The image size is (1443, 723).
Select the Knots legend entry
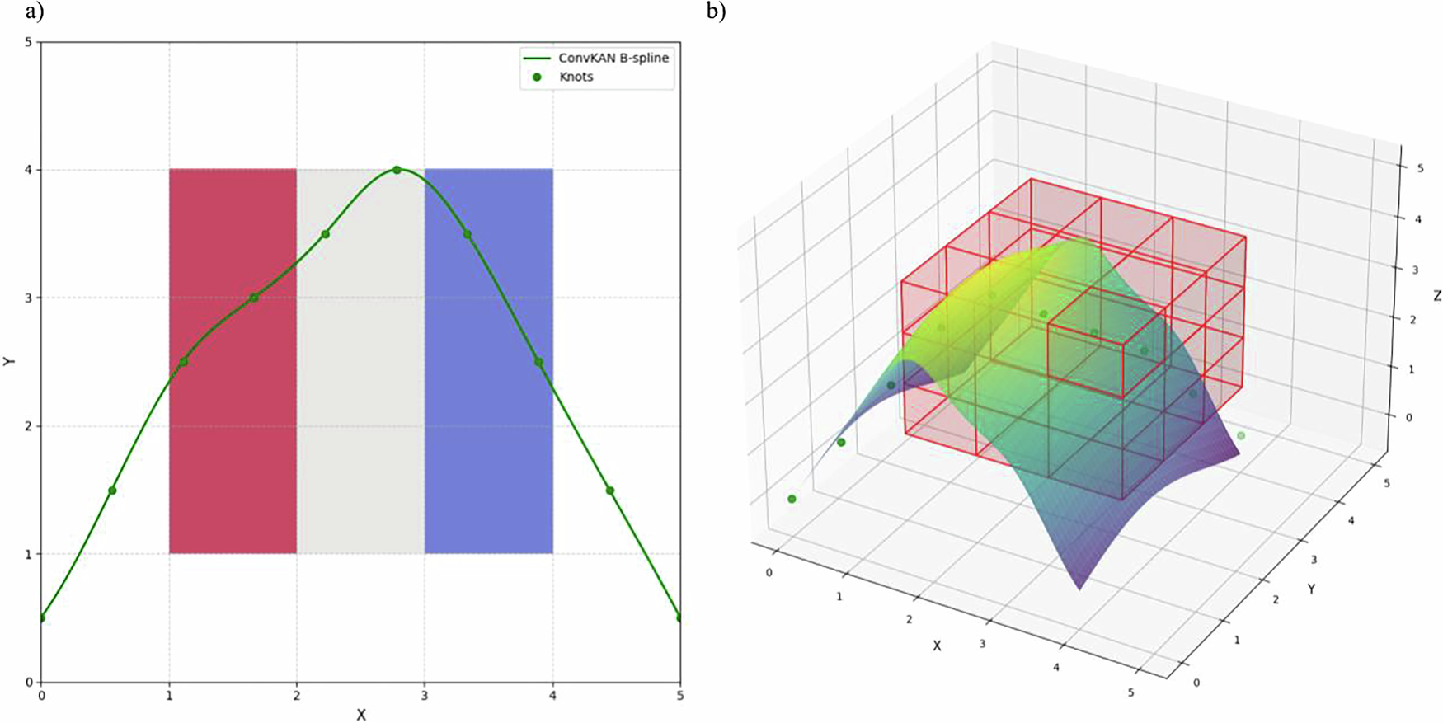[x=576, y=77]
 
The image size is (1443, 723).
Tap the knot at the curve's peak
[x=397, y=170]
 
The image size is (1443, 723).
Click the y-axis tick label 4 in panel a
[x=28, y=170]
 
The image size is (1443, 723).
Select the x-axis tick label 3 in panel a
[x=425, y=696]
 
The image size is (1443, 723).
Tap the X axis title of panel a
[x=361, y=715]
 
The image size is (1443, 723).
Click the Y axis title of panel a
[x=9, y=361]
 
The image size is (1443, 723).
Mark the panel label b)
[x=716, y=11]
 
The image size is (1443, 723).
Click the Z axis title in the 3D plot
[x=1437, y=295]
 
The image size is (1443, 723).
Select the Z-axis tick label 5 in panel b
[x=1420, y=168]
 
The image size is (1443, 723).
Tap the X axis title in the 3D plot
[x=937, y=646]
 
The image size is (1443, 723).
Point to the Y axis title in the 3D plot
[x=1310, y=589]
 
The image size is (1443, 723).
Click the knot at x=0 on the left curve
[x=41, y=617]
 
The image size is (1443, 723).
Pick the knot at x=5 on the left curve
[x=679, y=617]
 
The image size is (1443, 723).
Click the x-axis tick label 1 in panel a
[x=169, y=696]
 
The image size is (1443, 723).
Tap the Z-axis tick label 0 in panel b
[x=1408, y=417]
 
